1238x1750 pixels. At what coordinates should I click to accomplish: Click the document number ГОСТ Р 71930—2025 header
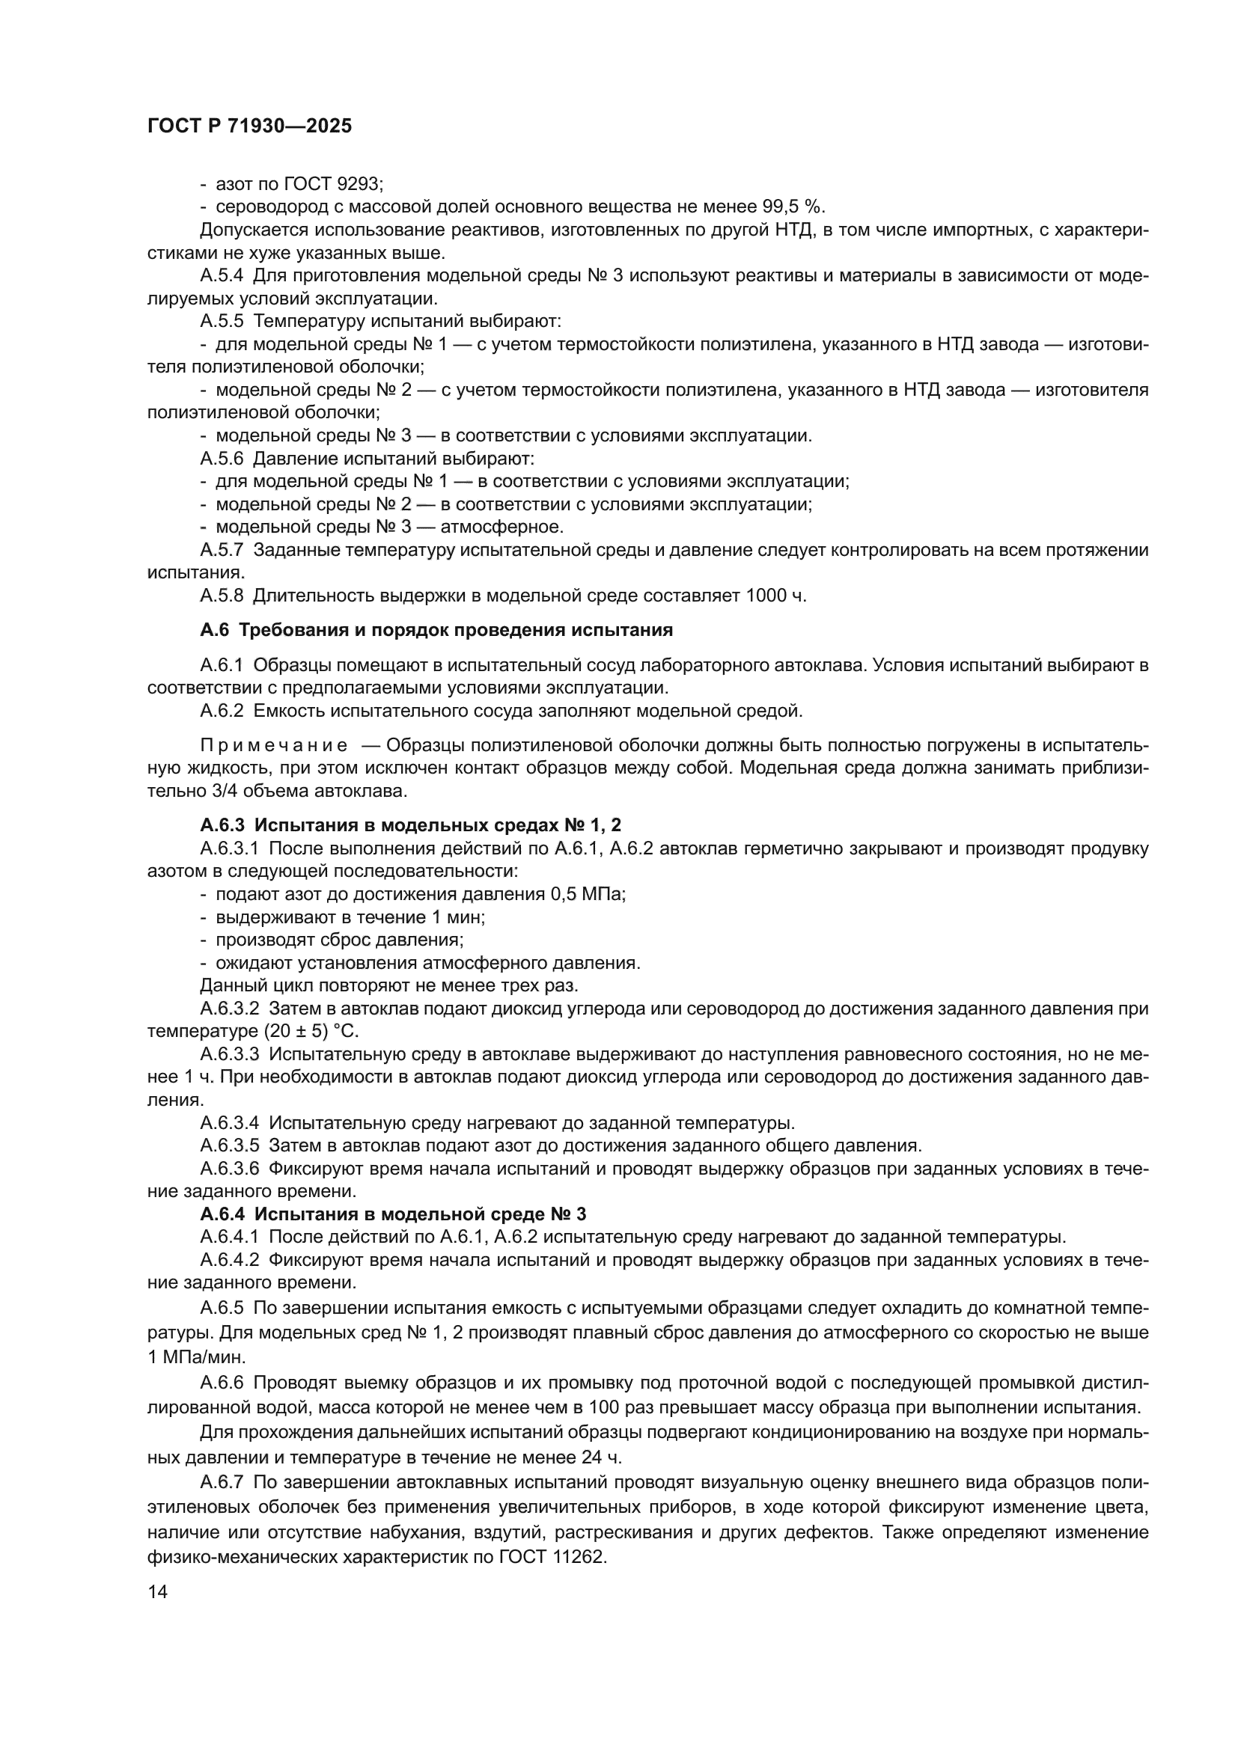click(x=249, y=126)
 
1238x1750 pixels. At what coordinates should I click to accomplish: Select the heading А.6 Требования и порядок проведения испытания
click(x=436, y=629)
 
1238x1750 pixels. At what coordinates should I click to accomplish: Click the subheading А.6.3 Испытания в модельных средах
click(x=410, y=824)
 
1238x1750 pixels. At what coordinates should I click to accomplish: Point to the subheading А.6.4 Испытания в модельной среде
click(x=393, y=1214)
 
